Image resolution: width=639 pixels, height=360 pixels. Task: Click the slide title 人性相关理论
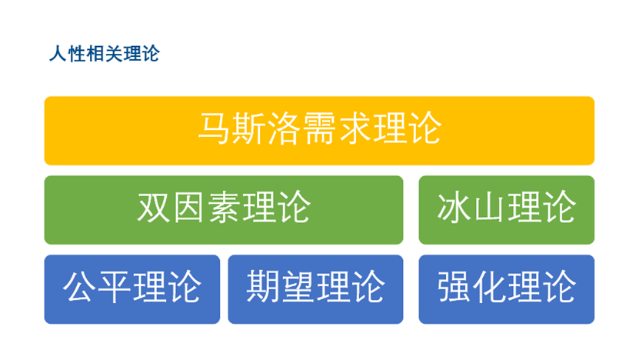[104, 55]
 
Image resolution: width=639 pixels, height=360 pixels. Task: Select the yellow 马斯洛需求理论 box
[319, 131]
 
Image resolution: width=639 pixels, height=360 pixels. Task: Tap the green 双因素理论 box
[224, 209]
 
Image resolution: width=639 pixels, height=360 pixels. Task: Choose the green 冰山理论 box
[506, 209]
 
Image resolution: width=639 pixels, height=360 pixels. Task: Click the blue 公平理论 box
[131, 288]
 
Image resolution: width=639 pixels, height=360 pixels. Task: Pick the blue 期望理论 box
[315, 288]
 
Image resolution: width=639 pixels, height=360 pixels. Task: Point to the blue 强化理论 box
[506, 288]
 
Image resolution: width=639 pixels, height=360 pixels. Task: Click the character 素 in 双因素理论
[224, 207]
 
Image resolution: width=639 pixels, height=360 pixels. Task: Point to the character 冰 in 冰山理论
[454, 207]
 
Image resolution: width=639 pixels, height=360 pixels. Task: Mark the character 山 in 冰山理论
[488, 207]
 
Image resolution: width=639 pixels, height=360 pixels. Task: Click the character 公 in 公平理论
[80, 286]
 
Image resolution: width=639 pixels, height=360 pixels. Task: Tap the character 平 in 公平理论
[115, 286]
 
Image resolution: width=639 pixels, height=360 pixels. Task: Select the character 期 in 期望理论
[264, 286]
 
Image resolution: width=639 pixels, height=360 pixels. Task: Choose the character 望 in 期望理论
[298, 286]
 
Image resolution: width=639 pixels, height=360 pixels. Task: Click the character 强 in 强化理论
[454, 286]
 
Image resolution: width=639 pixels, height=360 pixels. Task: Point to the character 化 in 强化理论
[488, 286]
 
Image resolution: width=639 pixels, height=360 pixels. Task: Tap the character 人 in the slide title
[56, 55]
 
